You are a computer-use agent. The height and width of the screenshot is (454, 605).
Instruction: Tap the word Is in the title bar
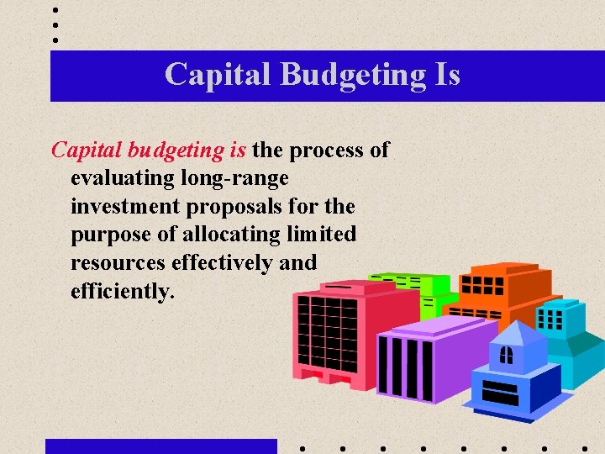[x=447, y=74]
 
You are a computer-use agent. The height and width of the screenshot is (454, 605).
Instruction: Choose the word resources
[x=118, y=262]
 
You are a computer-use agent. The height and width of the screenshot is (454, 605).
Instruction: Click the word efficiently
[x=123, y=291]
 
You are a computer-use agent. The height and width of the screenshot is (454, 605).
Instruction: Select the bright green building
[x=416, y=290]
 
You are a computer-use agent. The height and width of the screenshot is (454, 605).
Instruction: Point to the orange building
[x=504, y=290]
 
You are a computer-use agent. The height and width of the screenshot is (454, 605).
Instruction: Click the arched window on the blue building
[x=506, y=355]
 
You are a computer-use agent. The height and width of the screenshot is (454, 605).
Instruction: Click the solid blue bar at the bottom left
[x=160, y=446]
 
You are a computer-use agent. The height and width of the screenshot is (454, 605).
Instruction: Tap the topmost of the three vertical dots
[x=55, y=10]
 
